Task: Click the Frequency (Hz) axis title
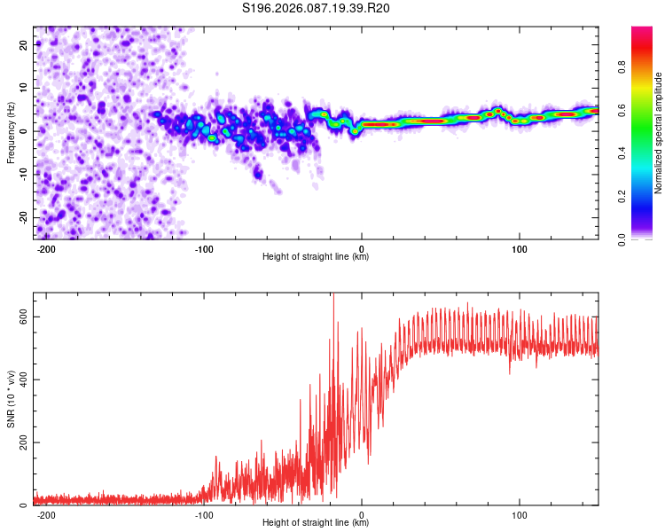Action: click(11, 133)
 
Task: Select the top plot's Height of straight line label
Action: click(316, 257)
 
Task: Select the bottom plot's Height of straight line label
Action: click(316, 523)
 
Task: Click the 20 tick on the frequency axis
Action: click(24, 44)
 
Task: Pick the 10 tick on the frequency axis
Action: click(24, 88)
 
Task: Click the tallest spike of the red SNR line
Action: click(333, 295)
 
